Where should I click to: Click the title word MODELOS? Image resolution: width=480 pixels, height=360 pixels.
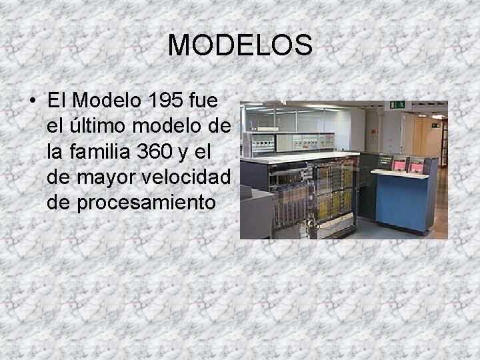pyautogui.click(x=240, y=45)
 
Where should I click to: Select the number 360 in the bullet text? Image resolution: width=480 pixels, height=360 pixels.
pyautogui.click(x=157, y=152)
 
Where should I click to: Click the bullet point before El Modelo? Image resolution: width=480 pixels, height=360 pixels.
pyautogui.click(x=33, y=102)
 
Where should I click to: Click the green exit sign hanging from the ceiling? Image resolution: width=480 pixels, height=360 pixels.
pyautogui.click(x=398, y=105)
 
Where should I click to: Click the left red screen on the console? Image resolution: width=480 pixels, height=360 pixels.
pyautogui.click(x=399, y=165)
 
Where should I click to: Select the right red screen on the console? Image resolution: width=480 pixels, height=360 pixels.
pyautogui.click(x=417, y=165)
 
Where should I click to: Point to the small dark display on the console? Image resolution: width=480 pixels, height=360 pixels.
pyautogui.click(x=385, y=161)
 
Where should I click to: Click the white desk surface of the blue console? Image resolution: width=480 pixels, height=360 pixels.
pyautogui.click(x=400, y=174)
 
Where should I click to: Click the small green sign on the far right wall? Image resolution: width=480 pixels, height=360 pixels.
pyautogui.click(x=435, y=125)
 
